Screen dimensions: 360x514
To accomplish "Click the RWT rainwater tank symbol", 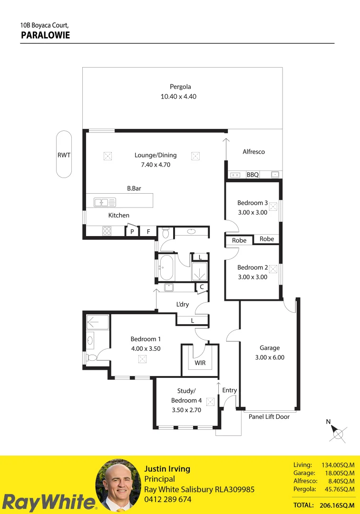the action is click(x=64, y=154).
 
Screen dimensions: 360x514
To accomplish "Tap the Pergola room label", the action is click(x=180, y=87).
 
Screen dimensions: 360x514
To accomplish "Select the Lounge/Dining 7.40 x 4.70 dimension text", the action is click(x=156, y=165).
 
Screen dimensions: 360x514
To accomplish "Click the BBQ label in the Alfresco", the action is click(x=253, y=175).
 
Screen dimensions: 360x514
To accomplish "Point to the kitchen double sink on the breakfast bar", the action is click(x=105, y=202).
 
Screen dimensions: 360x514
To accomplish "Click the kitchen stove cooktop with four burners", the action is click(x=107, y=231).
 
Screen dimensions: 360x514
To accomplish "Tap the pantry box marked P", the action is click(x=132, y=231).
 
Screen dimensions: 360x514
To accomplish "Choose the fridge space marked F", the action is click(x=148, y=231).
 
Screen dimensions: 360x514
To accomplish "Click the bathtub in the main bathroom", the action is click(x=167, y=267).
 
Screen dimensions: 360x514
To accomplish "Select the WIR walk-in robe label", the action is click(x=200, y=363).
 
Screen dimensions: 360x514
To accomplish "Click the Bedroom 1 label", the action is click(x=146, y=339).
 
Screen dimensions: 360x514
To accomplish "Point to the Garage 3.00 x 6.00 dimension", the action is click(x=270, y=357).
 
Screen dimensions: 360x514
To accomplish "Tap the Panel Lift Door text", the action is click(x=269, y=416).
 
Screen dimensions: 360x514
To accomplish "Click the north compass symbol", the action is click(x=337, y=433).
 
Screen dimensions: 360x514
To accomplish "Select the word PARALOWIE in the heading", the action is click(x=46, y=35).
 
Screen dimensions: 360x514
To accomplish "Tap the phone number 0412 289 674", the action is click(x=168, y=499).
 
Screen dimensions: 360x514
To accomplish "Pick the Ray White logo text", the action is click(x=49, y=502).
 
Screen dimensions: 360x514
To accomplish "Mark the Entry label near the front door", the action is click(x=229, y=390).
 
